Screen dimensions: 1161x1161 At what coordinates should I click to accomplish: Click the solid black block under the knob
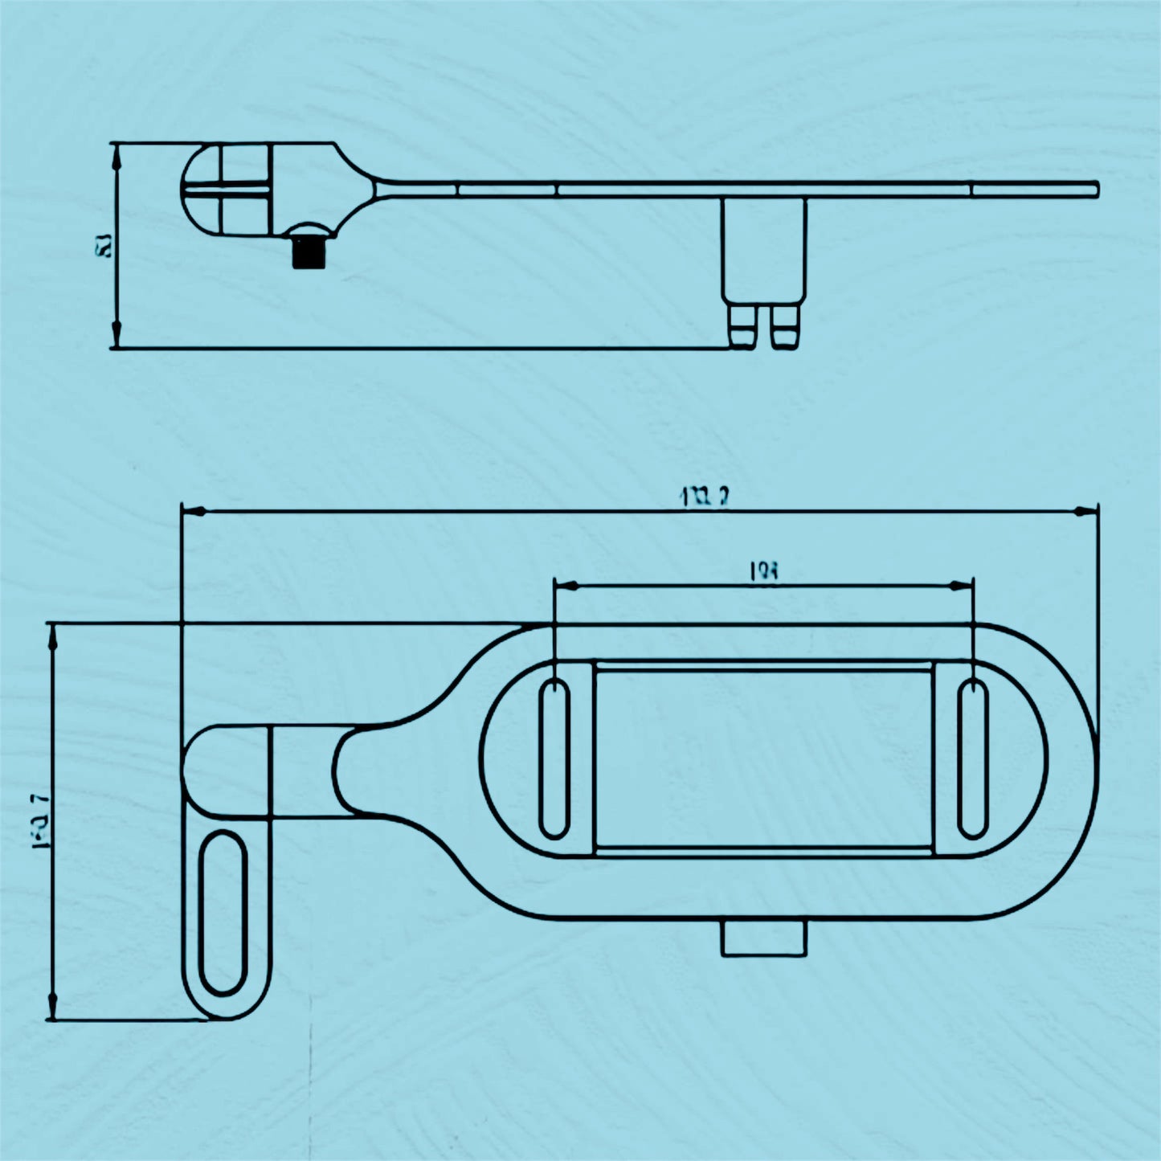(x=308, y=253)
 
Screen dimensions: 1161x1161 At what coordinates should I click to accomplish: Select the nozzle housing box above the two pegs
(x=763, y=249)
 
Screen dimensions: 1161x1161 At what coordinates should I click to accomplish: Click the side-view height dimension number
(x=104, y=246)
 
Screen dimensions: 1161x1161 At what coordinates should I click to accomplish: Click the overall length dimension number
(x=704, y=497)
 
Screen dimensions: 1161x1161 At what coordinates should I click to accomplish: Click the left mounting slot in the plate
(x=554, y=758)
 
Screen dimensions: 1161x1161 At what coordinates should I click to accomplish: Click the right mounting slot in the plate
(x=973, y=758)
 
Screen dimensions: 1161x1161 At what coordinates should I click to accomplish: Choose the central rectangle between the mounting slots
(x=763, y=758)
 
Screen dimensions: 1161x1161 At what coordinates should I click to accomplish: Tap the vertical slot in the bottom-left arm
(x=223, y=913)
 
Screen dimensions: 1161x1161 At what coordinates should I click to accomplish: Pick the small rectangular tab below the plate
(x=763, y=938)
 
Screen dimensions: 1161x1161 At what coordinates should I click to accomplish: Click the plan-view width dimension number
(x=39, y=820)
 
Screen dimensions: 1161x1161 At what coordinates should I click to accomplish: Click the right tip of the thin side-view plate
(x=1094, y=189)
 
